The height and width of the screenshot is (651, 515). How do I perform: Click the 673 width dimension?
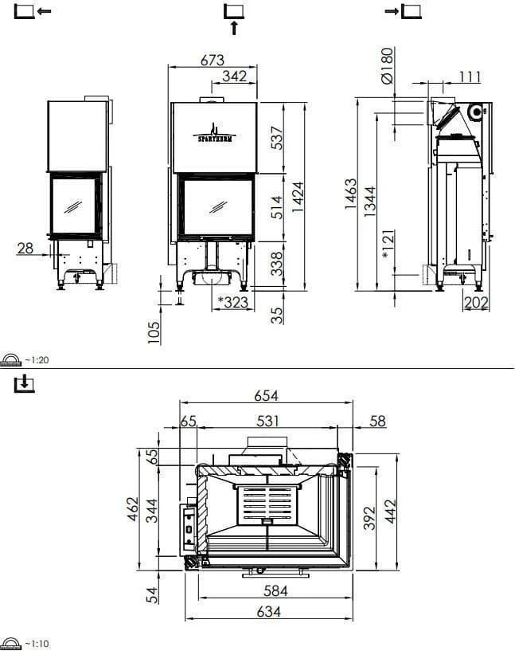[x=213, y=60]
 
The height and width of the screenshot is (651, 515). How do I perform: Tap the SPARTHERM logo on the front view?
[x=213, y=132]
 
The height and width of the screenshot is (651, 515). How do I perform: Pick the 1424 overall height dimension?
[x=298, y=195]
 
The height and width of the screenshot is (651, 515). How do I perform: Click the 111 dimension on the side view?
[x=470, y=76]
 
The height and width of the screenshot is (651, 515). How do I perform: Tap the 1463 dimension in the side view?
[x=351, y=194]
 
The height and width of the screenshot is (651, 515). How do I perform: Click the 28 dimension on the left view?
[x=25, y=248]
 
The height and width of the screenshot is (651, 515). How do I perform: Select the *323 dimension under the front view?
[x=232, y=302]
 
